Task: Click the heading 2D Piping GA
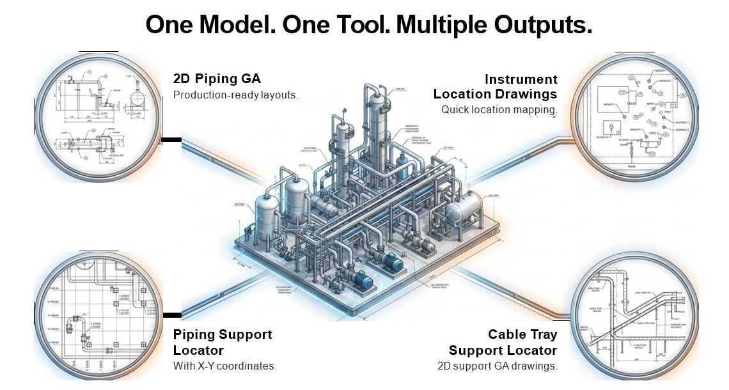pos(217,79)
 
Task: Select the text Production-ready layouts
pos(236,95)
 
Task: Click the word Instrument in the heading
pos(521,79)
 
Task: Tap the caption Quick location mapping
pos(499,109)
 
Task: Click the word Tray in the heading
pos(545,334)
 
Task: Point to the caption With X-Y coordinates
pos(224,366)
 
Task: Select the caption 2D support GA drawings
pos(497,366)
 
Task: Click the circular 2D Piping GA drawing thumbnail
pos(98,118)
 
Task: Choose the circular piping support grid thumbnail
pos(98,317)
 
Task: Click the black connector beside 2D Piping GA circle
pos(171,139)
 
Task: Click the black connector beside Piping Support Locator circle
pos(172,315)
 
